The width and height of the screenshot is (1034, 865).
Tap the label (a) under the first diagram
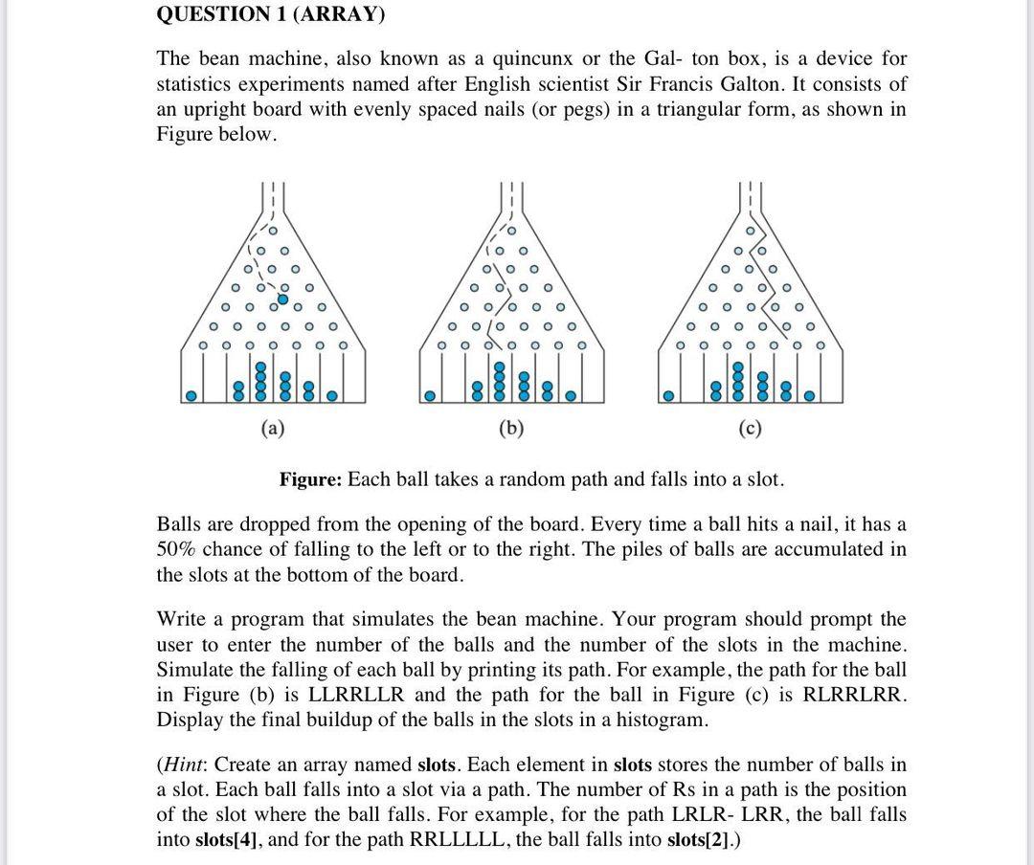coord(273,429)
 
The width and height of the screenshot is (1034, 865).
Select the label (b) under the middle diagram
coord(511,429)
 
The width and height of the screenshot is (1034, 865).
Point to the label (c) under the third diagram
coord(750,429)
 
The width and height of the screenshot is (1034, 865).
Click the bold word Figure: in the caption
coord(310,478)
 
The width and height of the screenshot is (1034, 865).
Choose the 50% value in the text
coord(177,549)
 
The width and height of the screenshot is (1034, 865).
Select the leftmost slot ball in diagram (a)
coord(192,394)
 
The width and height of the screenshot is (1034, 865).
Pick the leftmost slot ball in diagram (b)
coord(431,394)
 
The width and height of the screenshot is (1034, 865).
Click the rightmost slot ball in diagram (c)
coord(810,394)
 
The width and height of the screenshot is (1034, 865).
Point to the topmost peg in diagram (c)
coord(751,232)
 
